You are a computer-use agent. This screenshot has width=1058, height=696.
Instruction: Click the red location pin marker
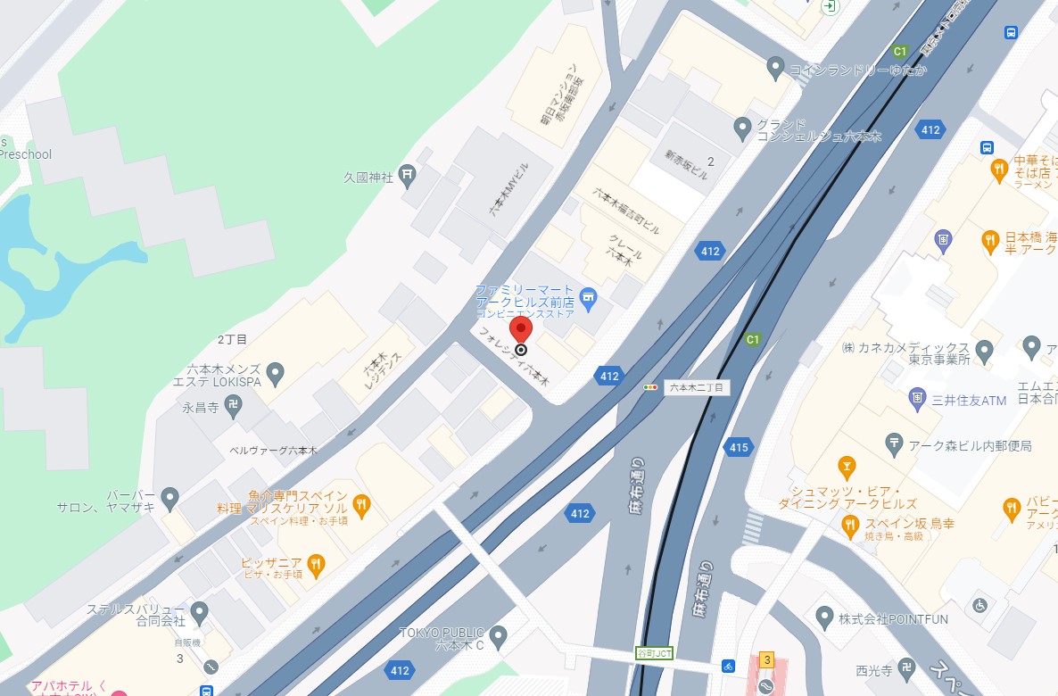(521, 330)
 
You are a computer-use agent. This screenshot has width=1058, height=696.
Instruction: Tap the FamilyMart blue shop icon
(588, 295)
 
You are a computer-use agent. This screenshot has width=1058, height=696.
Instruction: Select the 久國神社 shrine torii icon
(407, 173)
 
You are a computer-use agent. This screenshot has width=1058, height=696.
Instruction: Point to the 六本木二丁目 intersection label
(698, 387)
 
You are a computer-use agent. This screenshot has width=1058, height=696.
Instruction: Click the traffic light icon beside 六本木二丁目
(651, 387)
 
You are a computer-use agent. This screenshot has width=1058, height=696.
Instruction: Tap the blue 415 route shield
(738, 447)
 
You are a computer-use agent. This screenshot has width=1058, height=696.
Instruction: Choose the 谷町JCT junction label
(654, 652)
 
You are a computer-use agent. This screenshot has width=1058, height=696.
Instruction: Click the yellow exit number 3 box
(765, 659)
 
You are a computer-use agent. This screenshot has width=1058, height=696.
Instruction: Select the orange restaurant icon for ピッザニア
(315, 563)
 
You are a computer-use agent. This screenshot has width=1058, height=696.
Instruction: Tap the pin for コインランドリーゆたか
(775, 66)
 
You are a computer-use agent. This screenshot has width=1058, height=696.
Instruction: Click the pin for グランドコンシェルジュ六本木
(741, 128)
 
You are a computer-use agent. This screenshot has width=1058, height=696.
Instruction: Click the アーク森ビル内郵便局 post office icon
(894, 443)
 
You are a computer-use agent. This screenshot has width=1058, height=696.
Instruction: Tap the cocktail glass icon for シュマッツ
(847, 466)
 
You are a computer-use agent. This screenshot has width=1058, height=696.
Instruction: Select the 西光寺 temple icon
(905, 668)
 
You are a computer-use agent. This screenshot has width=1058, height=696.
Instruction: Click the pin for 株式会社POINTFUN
(825, 617)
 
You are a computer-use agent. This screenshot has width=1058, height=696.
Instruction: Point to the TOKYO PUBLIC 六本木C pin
(499, 636)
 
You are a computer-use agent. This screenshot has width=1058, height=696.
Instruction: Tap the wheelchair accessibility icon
(979, 605)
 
